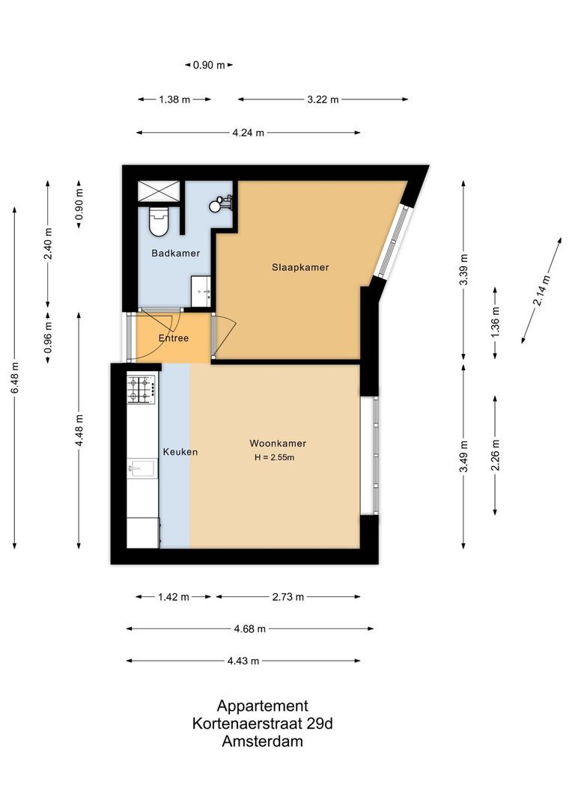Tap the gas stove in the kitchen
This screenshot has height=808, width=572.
coord(141,389)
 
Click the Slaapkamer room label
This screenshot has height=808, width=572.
coord(300,267)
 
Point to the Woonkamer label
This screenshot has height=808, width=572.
coord(278,444)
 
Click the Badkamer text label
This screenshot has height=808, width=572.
coord(175,254)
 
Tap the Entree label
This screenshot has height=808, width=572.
coord(173,338)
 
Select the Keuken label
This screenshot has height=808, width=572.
coord(180,453)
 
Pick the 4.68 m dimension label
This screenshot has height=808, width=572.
coord(249,629)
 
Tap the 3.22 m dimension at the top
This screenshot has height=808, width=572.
coord(323,100)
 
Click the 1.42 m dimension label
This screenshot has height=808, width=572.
coord(174,597)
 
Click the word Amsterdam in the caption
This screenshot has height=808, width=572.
coord(262,742)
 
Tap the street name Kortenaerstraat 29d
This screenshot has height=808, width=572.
coord(262,724)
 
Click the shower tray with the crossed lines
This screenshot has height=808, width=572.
coord(158,192)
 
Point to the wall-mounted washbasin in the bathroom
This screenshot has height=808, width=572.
coord(223,203)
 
